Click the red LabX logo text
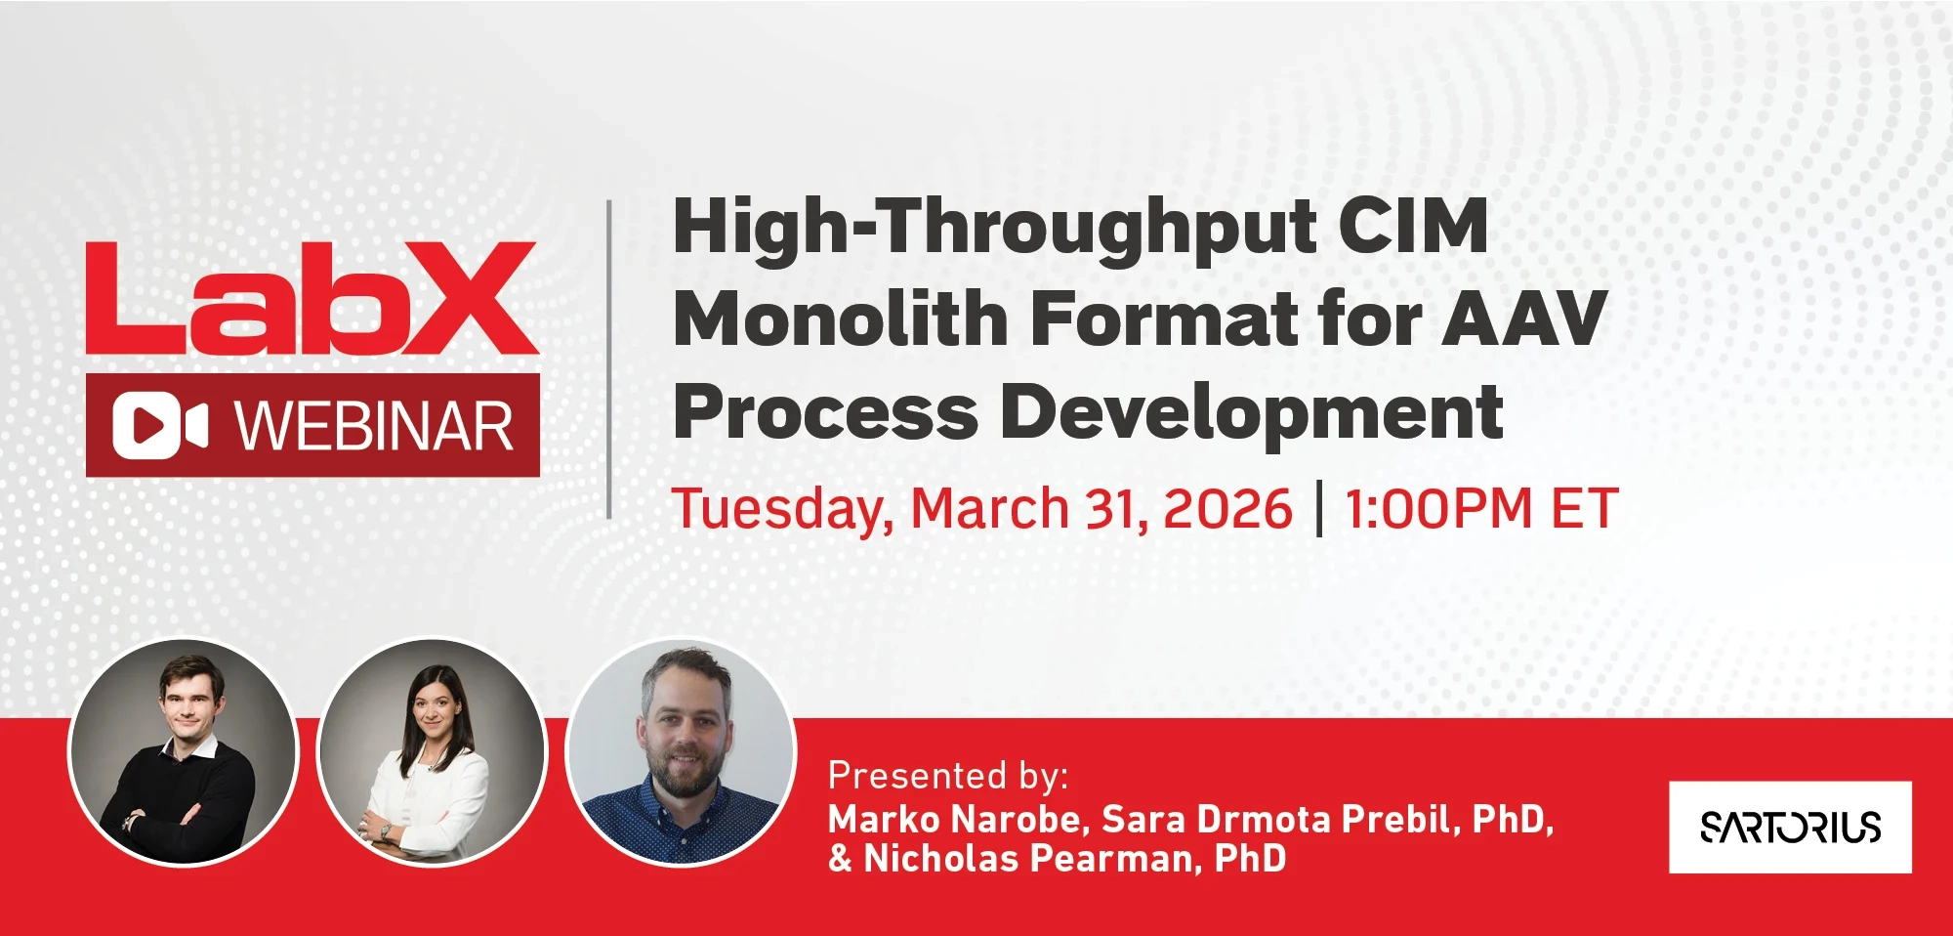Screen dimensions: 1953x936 click(312, 298)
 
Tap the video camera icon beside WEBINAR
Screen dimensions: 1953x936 click(160, 425)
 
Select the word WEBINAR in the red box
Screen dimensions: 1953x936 click(374, 426)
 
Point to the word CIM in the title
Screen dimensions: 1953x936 click(1413, 226)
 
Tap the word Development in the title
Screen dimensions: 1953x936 click(1252, 411)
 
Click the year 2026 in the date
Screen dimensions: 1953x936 click(1227, 509)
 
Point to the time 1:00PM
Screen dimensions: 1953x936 click(1439, 509)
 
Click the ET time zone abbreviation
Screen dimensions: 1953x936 click(1585, 509)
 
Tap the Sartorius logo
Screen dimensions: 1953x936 click(1790, 827)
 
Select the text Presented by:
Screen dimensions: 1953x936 click(948, 776)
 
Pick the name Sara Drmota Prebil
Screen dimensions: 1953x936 click(1279, 819)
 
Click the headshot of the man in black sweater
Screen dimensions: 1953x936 click(183, 752)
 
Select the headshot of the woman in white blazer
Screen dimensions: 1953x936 click(432, 752)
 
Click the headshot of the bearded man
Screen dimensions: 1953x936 click(682, 752)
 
